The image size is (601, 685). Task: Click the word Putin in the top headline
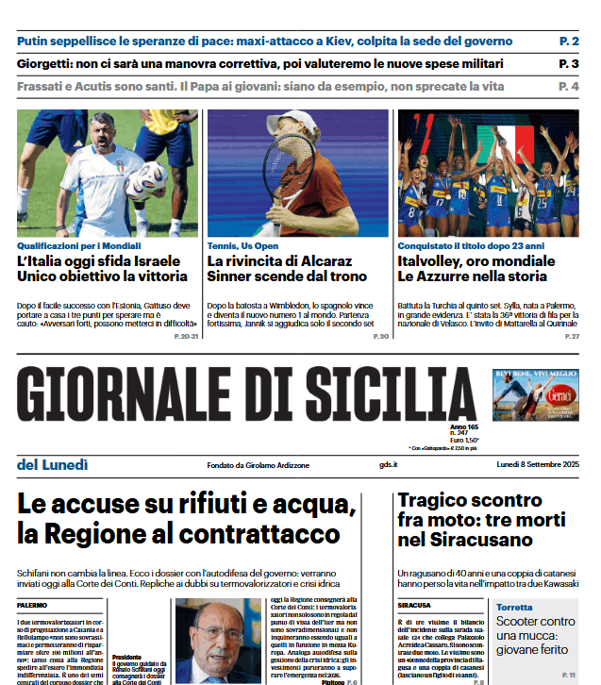click(x=36, y=42)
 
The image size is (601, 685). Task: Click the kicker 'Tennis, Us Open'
click(x=244, y=245)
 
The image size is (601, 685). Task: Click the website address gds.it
click(x=388, y=464)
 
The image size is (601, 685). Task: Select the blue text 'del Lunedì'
click(x=53, y=463)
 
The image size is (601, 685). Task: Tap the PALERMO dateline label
click(x=32, y=604)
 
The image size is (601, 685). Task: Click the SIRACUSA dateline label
click(x=415, y=604)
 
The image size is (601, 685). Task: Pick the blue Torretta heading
click(x=514, y=607)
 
